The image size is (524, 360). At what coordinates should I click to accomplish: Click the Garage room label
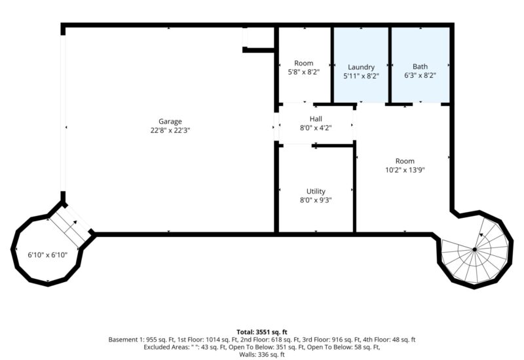[x=170, y=122]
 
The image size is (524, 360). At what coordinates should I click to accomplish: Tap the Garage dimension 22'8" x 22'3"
[x=170, y=130]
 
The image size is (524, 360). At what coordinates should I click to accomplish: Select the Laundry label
[x=362, y=67]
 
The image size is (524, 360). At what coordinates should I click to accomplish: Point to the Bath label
[x=420, y=67]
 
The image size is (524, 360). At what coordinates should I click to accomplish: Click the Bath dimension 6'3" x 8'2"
[x=420, y=75]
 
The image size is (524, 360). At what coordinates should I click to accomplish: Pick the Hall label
[x=316, y=119]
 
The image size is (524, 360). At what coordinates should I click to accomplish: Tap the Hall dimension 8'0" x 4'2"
[x=316, y=128]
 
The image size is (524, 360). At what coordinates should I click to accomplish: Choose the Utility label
[x=316, y=191]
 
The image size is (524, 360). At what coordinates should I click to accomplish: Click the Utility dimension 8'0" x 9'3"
[x=316, y=200]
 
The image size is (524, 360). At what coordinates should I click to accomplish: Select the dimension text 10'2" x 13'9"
[x=405, y=170]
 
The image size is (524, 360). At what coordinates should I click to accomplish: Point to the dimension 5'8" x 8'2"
[x=304, y=72]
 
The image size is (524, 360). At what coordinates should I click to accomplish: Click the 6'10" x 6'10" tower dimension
[x=47, y=255]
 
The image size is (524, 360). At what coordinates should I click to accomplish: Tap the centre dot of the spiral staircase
[x=474, y=249]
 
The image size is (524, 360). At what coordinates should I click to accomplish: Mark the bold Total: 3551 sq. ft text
[x=262, y=332]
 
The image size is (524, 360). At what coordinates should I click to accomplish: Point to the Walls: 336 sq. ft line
[x=262, y=355]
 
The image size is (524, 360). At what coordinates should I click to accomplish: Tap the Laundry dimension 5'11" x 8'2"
[x=362, y=76]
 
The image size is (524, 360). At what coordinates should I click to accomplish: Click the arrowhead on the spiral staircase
[x=481, y=235]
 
